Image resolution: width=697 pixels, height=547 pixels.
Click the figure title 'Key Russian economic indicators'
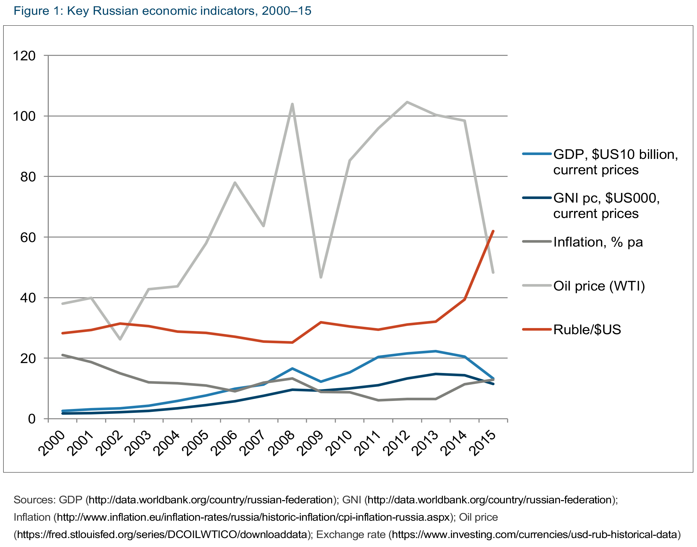(x=162, y=11)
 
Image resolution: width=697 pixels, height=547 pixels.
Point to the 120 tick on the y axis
(x=24, y=56)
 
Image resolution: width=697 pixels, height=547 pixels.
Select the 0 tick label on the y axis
(x=31, y=419)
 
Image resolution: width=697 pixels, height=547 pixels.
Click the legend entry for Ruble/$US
(x=587, y=330)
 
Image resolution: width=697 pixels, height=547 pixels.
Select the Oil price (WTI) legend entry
(x=599, y=286)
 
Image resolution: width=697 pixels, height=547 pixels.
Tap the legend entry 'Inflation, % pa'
(x=598, y=242)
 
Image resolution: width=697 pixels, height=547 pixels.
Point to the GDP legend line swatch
(x=537, y=154)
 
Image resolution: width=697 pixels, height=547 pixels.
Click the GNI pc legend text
(x=606, y=205)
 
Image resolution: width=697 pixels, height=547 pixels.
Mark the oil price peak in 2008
(x=292, y=104)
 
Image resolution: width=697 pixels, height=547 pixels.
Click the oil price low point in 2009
(x=321, y=277)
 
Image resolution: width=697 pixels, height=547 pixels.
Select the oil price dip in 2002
(x=120, y=339)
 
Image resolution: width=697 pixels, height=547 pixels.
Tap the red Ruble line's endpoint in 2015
(x=493, y=231)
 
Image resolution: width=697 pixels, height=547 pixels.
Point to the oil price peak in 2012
(x=407, y=102)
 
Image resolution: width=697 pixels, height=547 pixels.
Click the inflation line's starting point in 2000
(x=63, y=355)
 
